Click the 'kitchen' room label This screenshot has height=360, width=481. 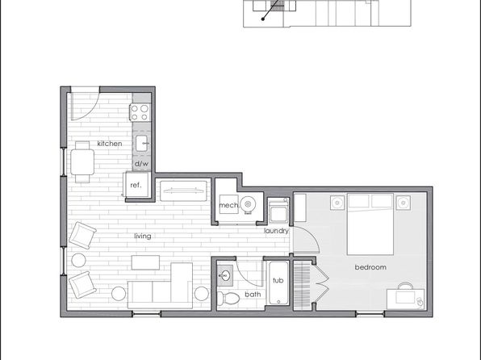coord(110,144)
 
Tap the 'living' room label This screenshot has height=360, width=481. coord(143,236)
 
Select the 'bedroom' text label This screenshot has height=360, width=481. coord(370,267)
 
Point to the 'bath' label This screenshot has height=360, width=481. coord(253,295)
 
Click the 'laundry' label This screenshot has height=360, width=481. coord(276,231)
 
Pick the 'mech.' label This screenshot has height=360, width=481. coord(229,205)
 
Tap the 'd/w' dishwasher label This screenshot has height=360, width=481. coord(142,164)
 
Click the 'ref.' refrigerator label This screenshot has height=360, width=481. coord(136,185)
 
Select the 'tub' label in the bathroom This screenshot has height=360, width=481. coord(278,280)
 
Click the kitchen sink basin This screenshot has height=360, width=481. coord(141,144)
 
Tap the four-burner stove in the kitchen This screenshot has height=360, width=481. coord(140,112)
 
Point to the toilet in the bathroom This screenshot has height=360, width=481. coord(228,299)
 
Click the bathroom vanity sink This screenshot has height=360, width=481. coord(225,275)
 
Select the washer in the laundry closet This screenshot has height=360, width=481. coord(278,211)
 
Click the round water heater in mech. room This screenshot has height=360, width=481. coord(248,204)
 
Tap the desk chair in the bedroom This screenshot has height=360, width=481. coord(405,286)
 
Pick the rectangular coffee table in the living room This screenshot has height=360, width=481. coord(145,262)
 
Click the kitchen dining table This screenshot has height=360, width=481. coord(82,162)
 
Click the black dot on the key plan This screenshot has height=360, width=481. coord(263,19)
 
